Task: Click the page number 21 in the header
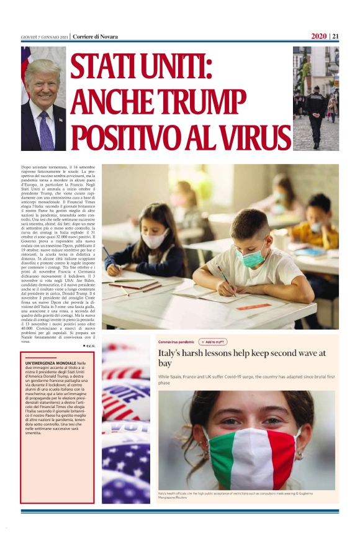(335, 36)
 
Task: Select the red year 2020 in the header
(319, 36)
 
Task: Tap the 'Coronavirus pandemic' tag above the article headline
(176, 342)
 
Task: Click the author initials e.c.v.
(91, 345)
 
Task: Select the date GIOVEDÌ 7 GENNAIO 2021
(44, 37)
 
